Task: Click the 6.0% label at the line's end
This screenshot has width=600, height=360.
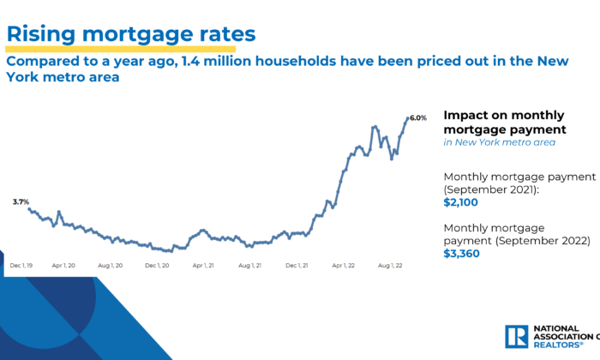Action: [x=417, y=118]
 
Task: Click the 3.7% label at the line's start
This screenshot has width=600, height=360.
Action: [x=21, y=201]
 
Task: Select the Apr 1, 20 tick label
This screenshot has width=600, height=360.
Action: [x=66, y=266]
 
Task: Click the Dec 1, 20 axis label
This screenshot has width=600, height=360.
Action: [x=158, y=266]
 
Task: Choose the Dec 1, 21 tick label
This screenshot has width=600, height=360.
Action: [x=297, y=266]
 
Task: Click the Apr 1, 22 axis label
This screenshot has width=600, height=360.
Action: [x=344, y=266]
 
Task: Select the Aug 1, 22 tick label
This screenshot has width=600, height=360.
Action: [x=390, y=266]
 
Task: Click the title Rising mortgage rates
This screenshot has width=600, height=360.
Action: [x=131, y=33]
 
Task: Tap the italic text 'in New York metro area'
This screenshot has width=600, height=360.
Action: [x=499, y=142]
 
